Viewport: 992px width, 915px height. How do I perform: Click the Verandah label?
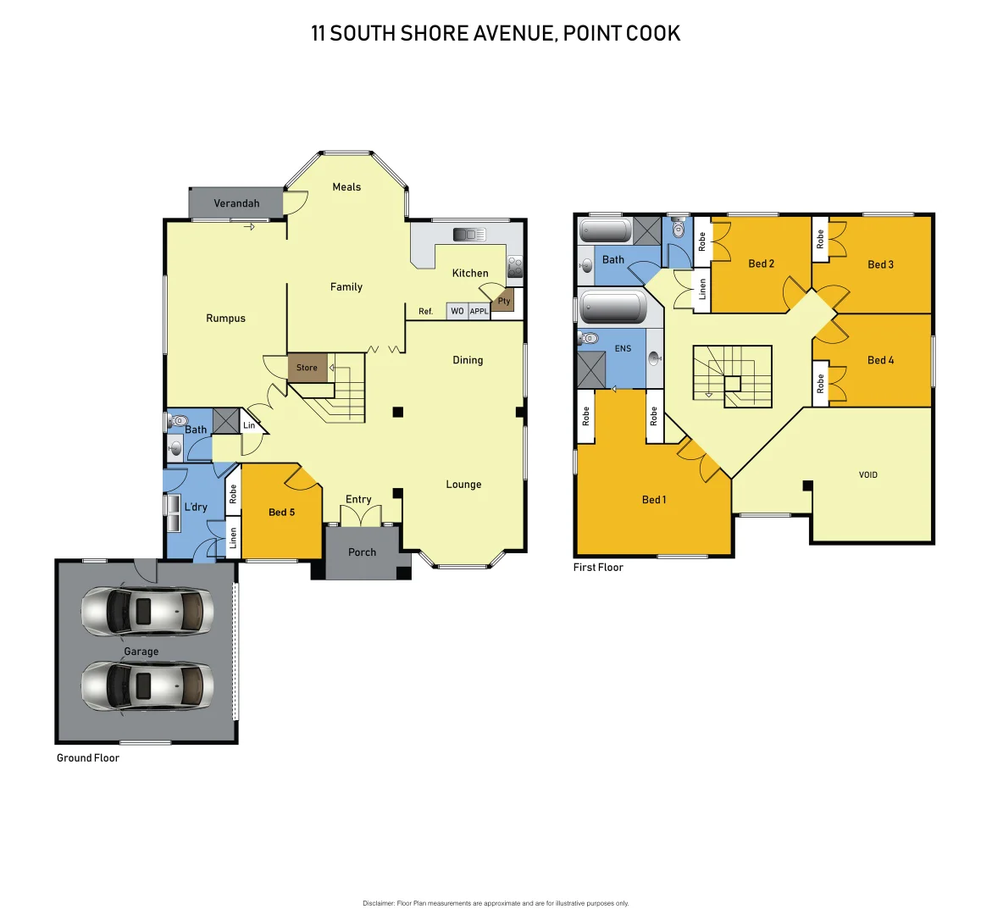(x=236, y=203)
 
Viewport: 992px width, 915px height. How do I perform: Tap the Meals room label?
(x=346, y=187)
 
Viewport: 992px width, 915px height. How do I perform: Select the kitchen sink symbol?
(x=468, y=235)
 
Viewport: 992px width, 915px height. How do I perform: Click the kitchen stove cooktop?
(x=514, y=267)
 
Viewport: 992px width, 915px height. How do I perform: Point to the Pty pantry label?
(x=504, y=301)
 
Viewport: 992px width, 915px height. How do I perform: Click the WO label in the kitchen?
(x=457, y=311)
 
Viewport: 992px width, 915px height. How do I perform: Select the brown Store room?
(x=307, y=368)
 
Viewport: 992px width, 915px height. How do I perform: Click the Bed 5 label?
(x=281, y=512)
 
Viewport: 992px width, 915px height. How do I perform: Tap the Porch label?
(x=362, y=552)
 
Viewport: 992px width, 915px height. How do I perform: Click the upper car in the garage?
(x=147, y=610)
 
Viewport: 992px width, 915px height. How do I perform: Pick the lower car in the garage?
(x=147, y=685)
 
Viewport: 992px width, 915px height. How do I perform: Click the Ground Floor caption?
(x=88, y=758)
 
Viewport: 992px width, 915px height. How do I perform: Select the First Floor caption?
(x=598, y=568)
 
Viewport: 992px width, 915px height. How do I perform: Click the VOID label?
(x=868, y=474)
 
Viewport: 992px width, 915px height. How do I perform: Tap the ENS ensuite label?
(x=623, y=348)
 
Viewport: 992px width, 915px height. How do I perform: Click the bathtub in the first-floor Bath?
(x=605, y=230)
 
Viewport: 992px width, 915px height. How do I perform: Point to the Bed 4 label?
(x=880, y=360)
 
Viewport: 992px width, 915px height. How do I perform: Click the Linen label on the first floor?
(x=702, y=290)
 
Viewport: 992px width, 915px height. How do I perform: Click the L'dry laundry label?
(x=196, y=507)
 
